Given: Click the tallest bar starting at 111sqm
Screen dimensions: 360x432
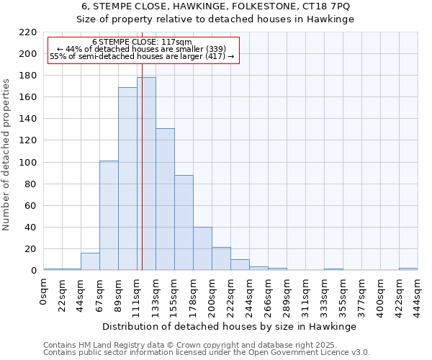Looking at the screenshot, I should [146, 174].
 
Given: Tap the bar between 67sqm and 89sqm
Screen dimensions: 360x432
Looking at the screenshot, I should [109, 215].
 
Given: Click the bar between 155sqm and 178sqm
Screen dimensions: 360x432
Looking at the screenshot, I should [184, 222].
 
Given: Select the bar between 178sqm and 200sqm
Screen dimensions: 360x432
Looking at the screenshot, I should [202, 248].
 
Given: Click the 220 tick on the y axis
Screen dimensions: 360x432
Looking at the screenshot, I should [29, 32].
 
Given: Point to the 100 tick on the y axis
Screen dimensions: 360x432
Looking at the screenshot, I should [29, 163].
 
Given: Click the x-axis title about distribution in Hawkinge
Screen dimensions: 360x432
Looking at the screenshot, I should [230, 326].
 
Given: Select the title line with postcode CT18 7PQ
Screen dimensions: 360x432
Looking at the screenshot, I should [215, 6].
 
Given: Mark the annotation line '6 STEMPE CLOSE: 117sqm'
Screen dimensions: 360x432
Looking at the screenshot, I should [142, 42].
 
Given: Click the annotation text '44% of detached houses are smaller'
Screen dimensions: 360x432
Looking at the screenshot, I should [142, 49].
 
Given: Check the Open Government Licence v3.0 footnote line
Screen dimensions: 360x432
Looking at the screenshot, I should [207, 353].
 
